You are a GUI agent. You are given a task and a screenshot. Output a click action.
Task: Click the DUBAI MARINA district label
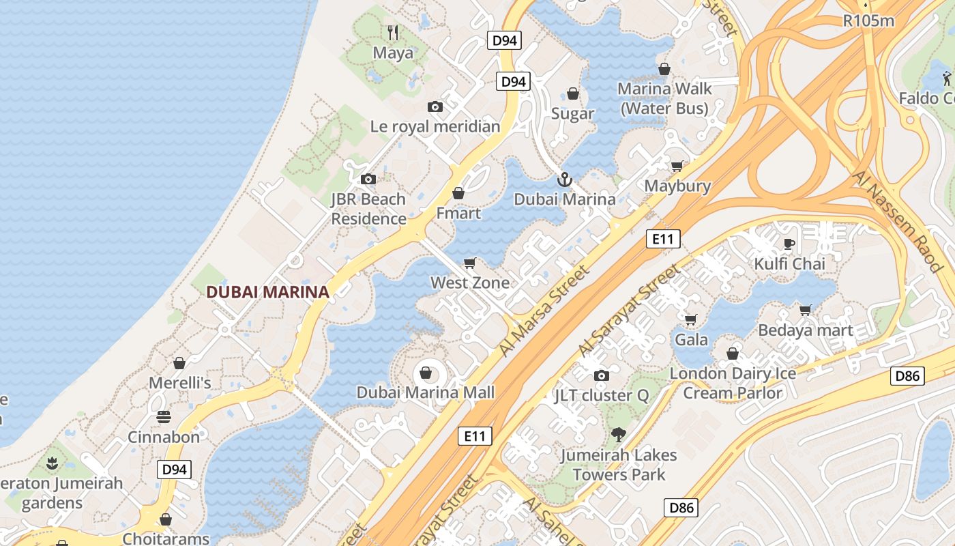click(267, 292)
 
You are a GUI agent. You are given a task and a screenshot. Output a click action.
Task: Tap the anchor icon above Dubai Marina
click(564, 180)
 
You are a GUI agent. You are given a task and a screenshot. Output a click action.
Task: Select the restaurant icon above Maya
click(393, 32)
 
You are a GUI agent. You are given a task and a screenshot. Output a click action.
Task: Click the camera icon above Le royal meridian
click(435, 106)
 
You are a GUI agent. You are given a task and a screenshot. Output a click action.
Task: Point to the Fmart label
click(458, 214)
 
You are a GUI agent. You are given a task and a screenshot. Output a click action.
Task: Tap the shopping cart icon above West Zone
click(469, 263)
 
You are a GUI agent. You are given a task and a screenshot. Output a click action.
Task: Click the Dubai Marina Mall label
click(426, 392)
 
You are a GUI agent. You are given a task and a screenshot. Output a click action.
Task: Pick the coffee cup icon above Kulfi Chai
click(789, 244)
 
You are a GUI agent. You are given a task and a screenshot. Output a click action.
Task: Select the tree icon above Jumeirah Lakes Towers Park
click(619, 434)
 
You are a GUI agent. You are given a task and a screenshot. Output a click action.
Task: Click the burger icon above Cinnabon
click(164, 416)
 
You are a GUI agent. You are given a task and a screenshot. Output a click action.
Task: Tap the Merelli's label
click(180, 383)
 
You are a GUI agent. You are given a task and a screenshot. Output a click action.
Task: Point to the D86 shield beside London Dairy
click(907, 375)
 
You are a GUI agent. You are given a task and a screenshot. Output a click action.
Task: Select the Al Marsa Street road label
click(544, 311)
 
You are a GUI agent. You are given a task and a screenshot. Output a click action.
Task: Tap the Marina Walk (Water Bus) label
click(665, 98)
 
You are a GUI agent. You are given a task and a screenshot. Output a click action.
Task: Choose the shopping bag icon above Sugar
click(573, 94)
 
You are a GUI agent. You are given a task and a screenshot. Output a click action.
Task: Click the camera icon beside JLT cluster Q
click(601, 375)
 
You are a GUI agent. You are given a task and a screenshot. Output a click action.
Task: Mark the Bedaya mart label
click(806, 331)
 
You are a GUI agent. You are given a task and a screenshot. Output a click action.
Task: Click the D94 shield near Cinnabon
click(175, 470)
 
